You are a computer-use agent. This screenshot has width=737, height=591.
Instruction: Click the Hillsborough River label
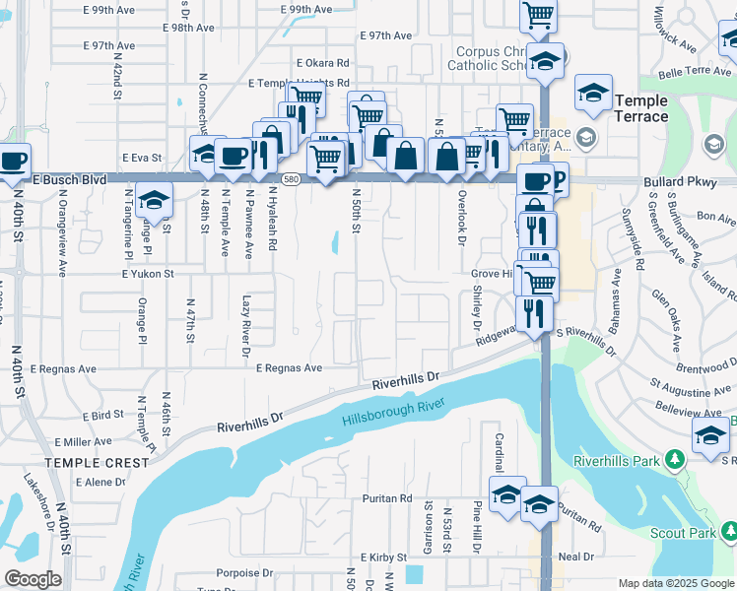point(394,412)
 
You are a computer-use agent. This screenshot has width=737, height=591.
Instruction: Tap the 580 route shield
point(290,180)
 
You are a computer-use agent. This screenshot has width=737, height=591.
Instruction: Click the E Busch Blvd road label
point(68,180)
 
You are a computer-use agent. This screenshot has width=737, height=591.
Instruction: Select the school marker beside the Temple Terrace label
point(594,95)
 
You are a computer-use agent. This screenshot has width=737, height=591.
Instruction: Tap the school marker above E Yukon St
point(155,203)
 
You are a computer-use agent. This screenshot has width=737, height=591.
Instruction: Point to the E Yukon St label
point(148,274)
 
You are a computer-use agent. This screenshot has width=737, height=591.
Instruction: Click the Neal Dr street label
point(576,556)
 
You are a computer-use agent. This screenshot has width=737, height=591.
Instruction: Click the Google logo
point(33,579)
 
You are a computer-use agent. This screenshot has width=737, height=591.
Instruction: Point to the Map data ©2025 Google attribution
point(675,583)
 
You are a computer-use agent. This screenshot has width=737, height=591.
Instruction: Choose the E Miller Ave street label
point(83,442)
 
